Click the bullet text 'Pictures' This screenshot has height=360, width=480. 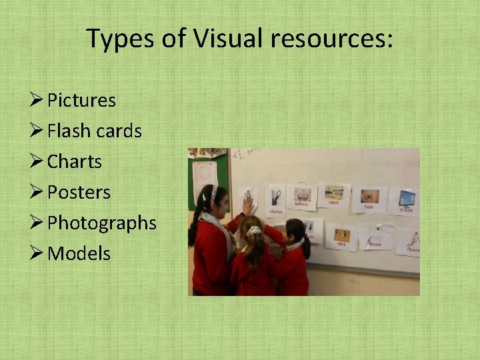pos(81,101)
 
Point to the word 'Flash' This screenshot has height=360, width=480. pos(69,131)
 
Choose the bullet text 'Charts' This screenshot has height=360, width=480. pos(75,162)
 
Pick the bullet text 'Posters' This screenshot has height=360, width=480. pos(79,193)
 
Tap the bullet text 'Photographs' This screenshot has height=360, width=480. pos(101,223)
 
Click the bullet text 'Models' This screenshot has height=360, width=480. pos(79,254)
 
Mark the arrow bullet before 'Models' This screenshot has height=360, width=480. pos(37,253)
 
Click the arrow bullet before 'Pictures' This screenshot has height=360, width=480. pos(37,100)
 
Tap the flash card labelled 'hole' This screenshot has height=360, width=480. pos(369,198)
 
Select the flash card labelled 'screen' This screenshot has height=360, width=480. pos(405,201)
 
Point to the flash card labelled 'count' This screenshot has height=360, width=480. pos(333,195)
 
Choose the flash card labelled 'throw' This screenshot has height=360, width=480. pos(375,236)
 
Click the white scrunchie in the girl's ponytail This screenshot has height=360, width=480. pos(254,231)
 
